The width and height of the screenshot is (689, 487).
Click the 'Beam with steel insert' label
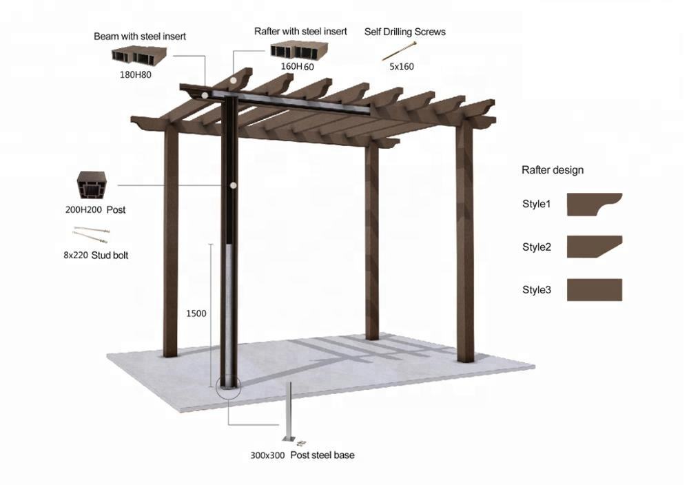140,37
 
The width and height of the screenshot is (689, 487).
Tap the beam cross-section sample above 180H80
139,56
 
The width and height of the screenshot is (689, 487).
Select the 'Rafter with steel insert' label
300,32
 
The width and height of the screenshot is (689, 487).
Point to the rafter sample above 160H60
299,51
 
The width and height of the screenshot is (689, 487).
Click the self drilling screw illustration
399,50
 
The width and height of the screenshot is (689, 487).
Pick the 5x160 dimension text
402,67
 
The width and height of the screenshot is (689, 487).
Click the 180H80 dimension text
135,75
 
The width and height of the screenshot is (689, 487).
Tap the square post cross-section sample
92,185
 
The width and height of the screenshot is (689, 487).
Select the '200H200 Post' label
95,210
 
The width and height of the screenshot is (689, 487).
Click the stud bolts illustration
90,234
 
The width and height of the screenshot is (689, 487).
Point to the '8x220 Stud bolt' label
96,255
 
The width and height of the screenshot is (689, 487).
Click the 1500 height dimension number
196,313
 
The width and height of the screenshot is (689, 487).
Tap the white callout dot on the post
234,185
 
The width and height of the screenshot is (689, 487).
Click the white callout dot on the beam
205,95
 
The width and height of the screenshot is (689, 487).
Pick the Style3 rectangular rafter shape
595,290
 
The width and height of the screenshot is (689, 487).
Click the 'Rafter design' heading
553,170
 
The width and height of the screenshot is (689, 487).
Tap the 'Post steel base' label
322,455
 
